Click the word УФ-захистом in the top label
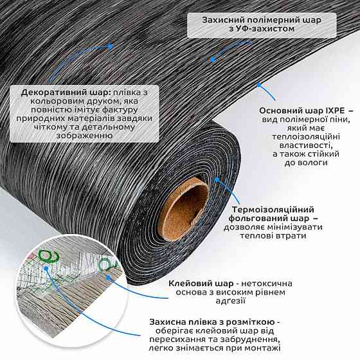click(x=262, y=29)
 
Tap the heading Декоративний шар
click(x=66, y=93)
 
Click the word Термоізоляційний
click(x=273, y=210)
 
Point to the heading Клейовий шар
click(x=201, y=283)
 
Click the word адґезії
click(x=231, y=301)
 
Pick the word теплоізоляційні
click(x=306, y=137)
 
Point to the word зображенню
click(x=84, y=136)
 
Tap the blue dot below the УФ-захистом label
click(x=212, y=60)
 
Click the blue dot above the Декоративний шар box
click(x=110, y=46)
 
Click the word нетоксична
click(x=267, y=283)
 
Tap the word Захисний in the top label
click(x=222, y=20)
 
